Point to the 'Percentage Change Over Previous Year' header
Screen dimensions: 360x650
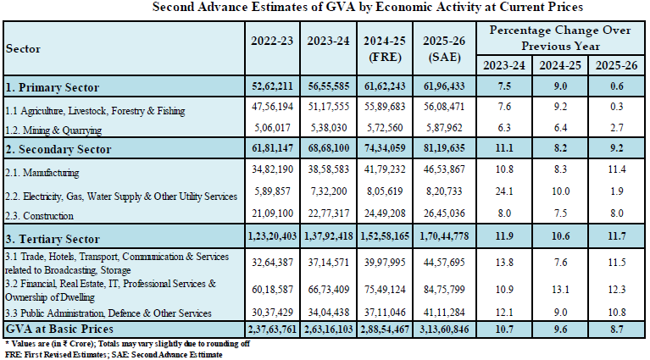pyautogui.click(x=560, y=38)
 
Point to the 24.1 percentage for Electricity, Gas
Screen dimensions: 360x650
pyautogui.click(x=504, y=193)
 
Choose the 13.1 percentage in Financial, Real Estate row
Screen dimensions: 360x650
pyautogui.click(x=560, y=290)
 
